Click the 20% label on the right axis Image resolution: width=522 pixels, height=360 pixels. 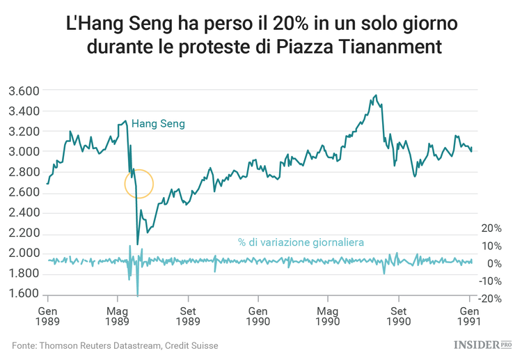click(491, 228)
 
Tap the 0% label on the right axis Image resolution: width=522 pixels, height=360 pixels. click(494, 263)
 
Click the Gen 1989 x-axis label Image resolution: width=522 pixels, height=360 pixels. click(47, 316)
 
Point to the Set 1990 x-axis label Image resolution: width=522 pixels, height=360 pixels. click(398, 316)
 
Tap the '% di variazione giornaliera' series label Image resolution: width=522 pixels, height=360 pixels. click(300, 242)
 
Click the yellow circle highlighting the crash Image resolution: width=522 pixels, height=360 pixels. click(139, 184)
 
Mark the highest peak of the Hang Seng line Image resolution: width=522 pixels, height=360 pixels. click(376, 95)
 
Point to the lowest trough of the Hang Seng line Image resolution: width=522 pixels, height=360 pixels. click(138, 244)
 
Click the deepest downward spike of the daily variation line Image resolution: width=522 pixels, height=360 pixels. click(138, 295)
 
